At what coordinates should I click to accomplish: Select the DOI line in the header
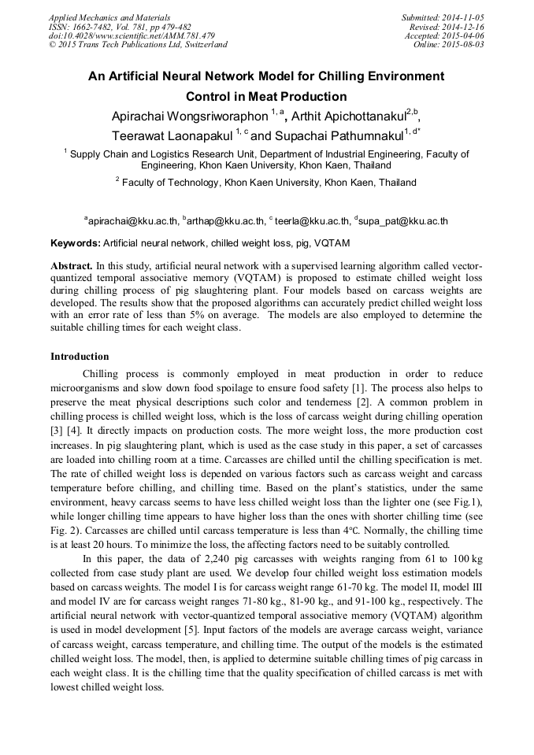point(132,35)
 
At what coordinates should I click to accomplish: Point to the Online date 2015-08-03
point(449,45)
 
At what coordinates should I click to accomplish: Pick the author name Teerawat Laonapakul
point(180,135)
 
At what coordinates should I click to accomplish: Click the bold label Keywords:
point(76,243)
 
